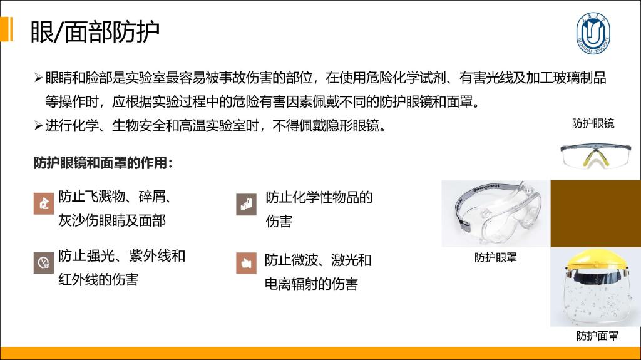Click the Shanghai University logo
pos(593,33)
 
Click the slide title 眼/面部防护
pos(95,31)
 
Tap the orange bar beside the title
pos(6,29)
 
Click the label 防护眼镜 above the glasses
pos(593,123)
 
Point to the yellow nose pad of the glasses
pos(595,158)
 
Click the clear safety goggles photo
pos(496,213)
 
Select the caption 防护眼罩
pos(496,257)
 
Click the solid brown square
pos(596,213)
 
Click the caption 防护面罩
pos(597,336)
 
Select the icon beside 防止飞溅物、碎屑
pos(44,203)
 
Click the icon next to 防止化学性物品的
pos(246,204)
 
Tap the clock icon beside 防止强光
pos(44,262)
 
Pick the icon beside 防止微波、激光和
pos(246,262)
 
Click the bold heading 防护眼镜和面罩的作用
pos(103,163)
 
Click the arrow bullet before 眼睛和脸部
pos(38,77)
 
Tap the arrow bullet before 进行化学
pos(38,125)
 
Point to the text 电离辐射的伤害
pos(311,284)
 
